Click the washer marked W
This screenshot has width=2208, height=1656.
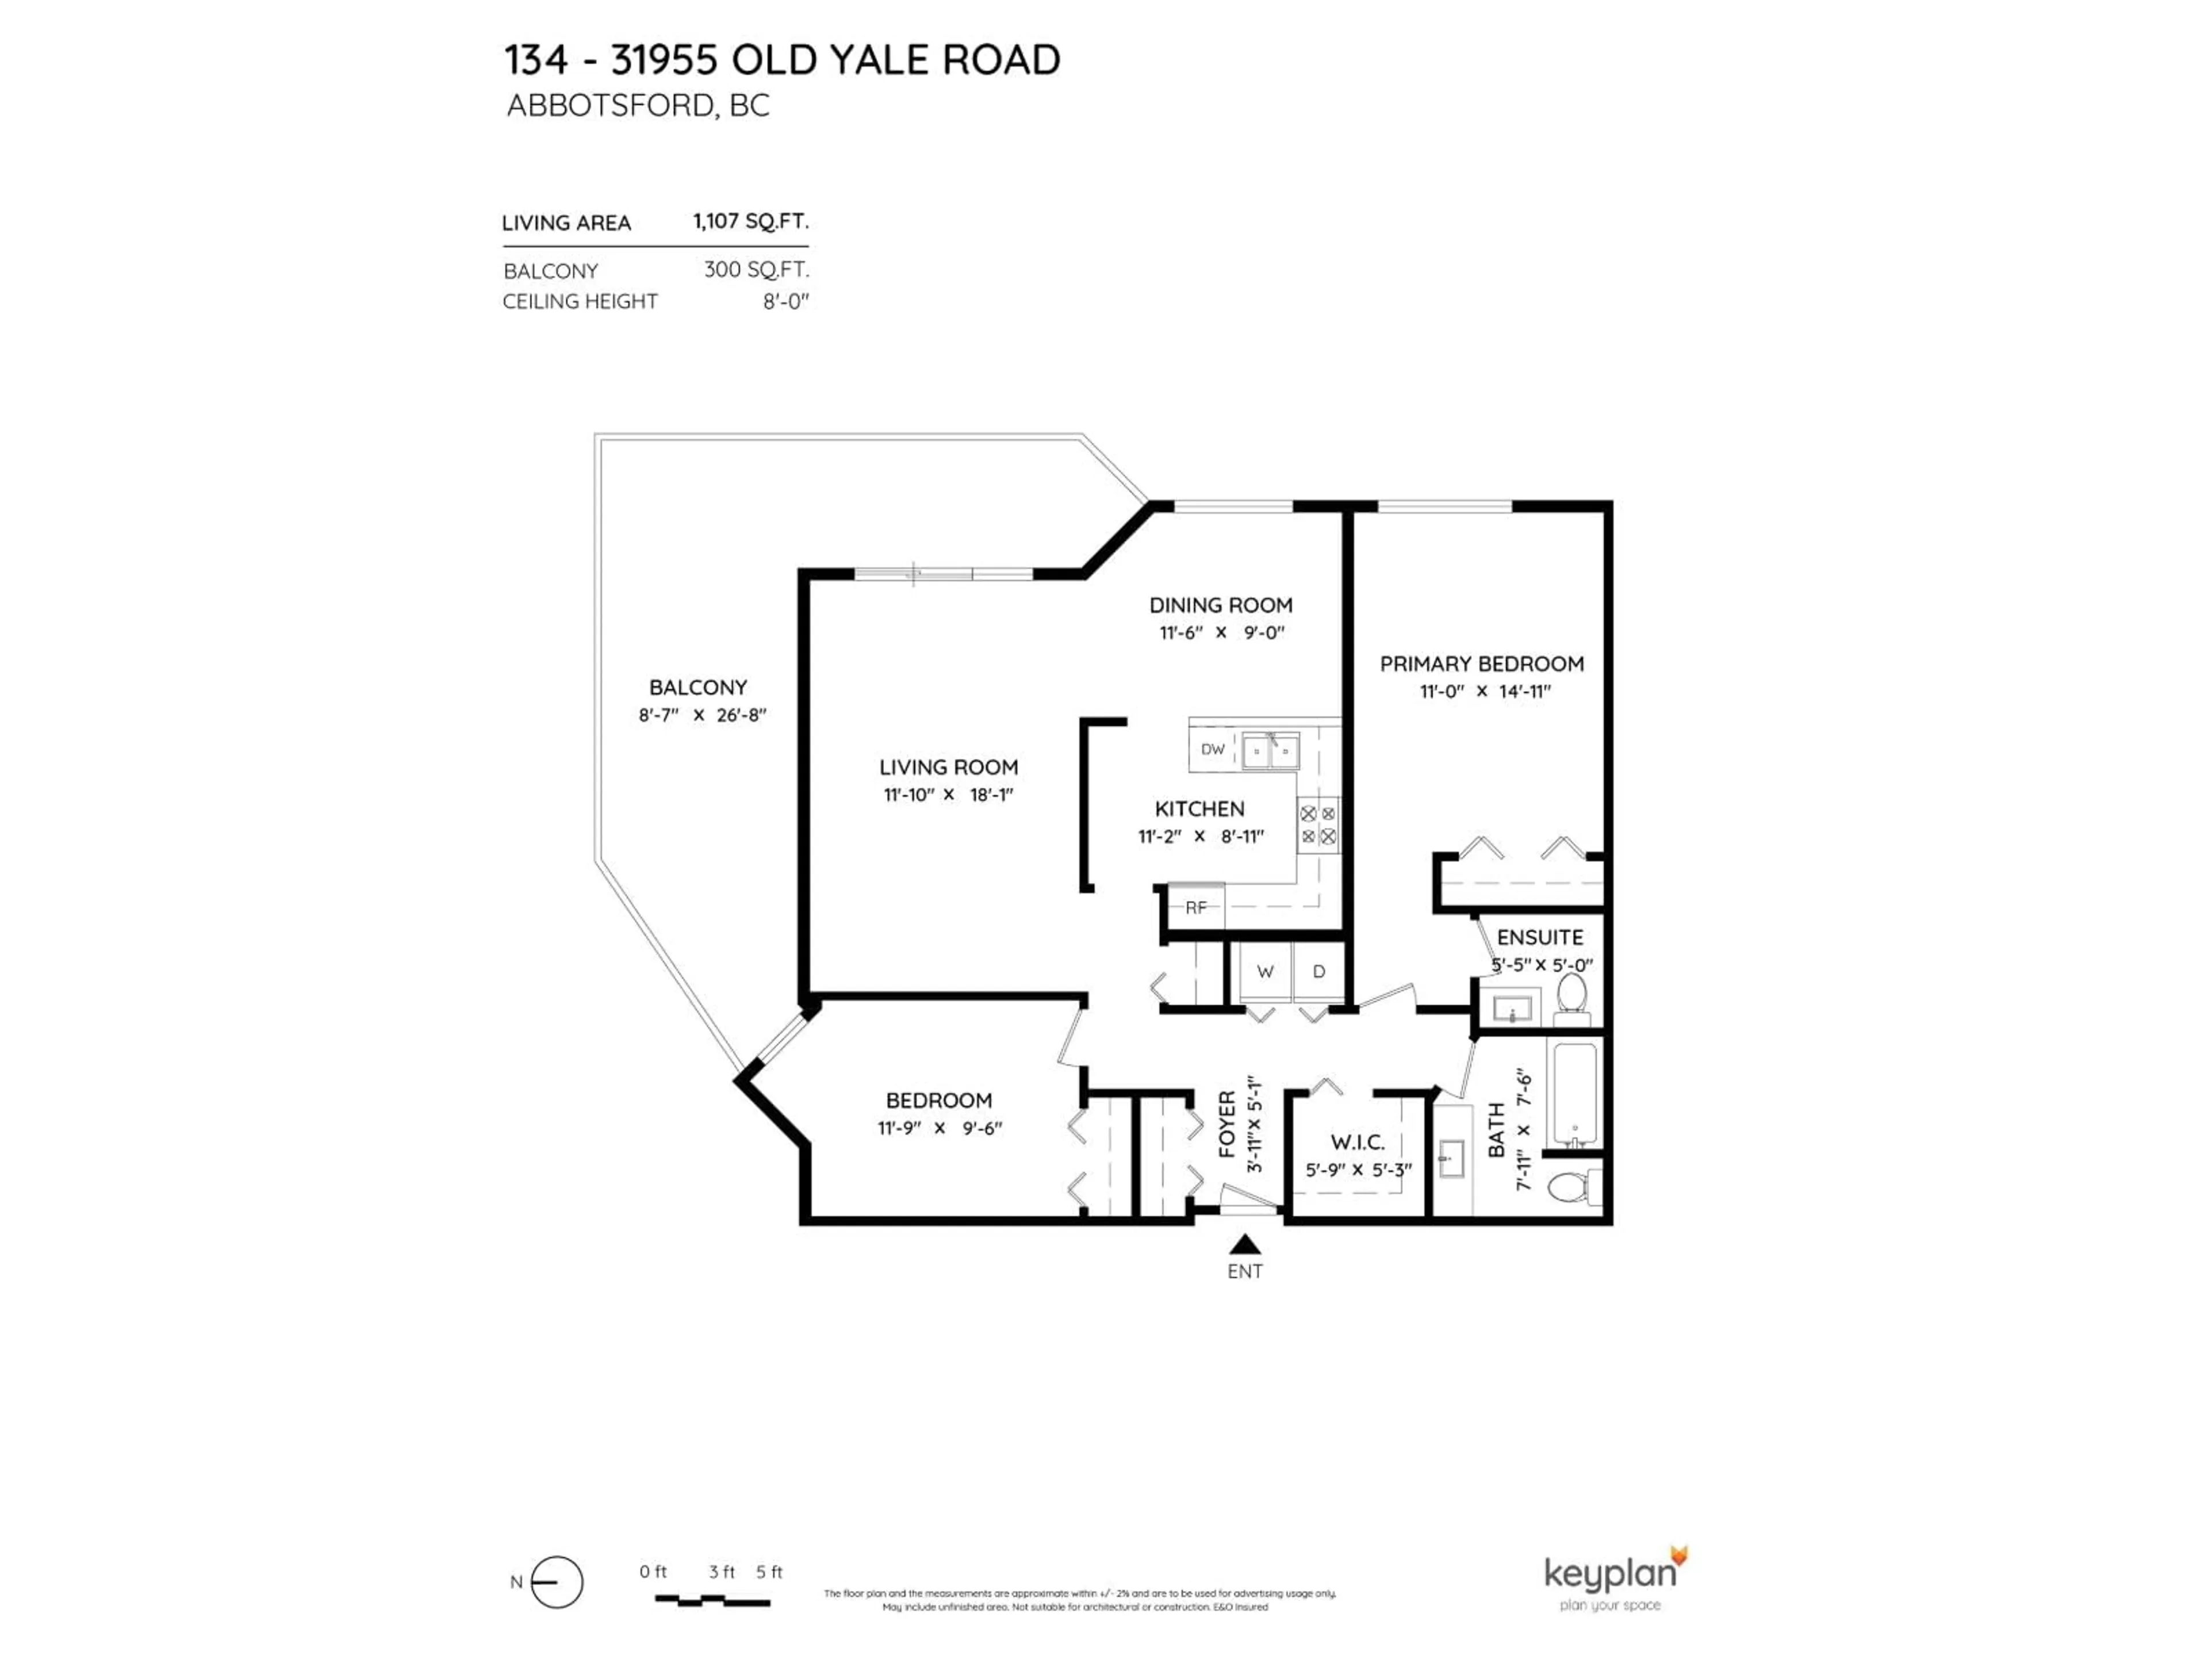coord(1264,971)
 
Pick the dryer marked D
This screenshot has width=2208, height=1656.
coord(1318,971)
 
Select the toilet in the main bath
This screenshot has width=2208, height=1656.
coord(1570,1188)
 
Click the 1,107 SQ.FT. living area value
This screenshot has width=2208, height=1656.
coord(750,221)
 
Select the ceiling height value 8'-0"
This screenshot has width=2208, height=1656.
coord(785,301)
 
